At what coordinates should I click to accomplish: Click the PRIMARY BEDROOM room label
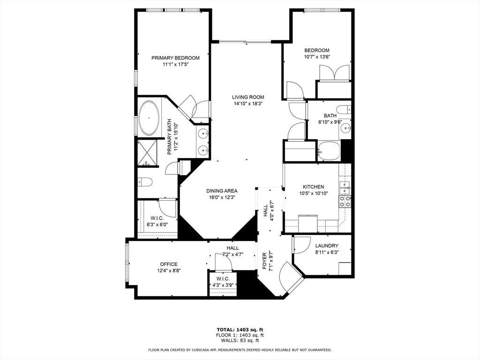[x=175, y=58]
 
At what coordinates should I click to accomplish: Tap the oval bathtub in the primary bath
[x=149, y=118]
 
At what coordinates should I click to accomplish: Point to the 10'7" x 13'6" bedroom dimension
[x=317, y=57]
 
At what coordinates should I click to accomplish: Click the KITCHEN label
[x=313, y=187]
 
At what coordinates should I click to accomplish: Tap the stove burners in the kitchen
[x=345, y=202]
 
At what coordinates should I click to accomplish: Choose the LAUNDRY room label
[x=327, y=246]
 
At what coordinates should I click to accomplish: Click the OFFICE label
[x=169, y=264]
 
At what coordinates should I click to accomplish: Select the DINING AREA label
[x=222, y=191]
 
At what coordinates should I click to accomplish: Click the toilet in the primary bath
[x=144, y=182]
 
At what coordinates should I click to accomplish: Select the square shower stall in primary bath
[x=148, y=153]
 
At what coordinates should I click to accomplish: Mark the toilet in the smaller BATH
[x=344, y=110]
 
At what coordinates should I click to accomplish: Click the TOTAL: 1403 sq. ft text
[x=240, y=330]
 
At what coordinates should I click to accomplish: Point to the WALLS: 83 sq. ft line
[x=240, y=341]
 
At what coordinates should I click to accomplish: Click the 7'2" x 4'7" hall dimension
[x=232, y=255]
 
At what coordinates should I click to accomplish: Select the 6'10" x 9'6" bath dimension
[x=330, y=122]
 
